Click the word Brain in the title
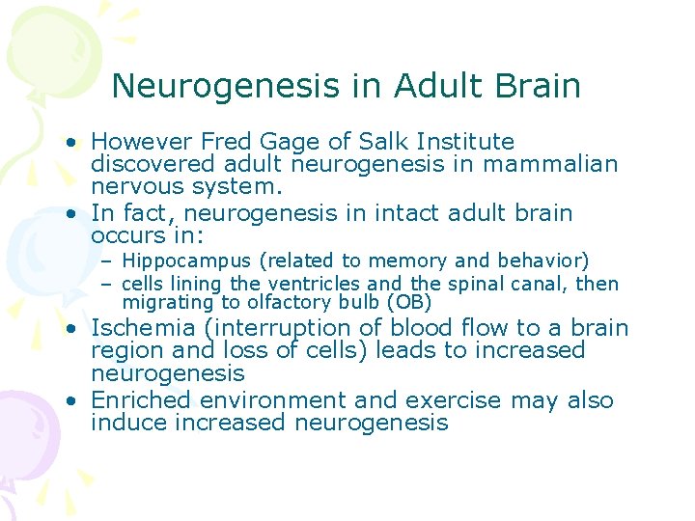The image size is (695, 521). point(539,86)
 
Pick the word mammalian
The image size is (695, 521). point(550,164)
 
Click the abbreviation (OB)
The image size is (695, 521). point(408,303)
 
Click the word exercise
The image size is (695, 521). point(457,399)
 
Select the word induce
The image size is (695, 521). point(128,423)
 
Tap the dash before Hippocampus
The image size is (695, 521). point(110,261)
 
